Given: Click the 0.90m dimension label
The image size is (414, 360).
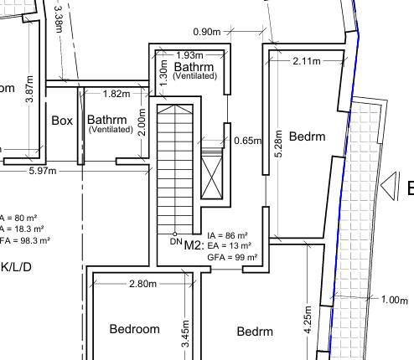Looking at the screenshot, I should point(206,32).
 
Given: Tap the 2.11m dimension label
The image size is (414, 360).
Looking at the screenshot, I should point(307,60).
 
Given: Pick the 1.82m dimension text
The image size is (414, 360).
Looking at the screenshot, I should point(116,94).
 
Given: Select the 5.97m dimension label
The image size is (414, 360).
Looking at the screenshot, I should point(42,172).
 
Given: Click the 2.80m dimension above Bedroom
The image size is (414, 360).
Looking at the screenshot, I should point(142,284).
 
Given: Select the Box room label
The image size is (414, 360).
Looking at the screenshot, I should point(62,121).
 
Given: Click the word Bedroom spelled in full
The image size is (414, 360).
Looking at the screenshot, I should point(134,329).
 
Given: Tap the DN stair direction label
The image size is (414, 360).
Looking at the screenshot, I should point(175,242).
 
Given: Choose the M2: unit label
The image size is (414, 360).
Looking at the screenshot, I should point(194,245).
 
